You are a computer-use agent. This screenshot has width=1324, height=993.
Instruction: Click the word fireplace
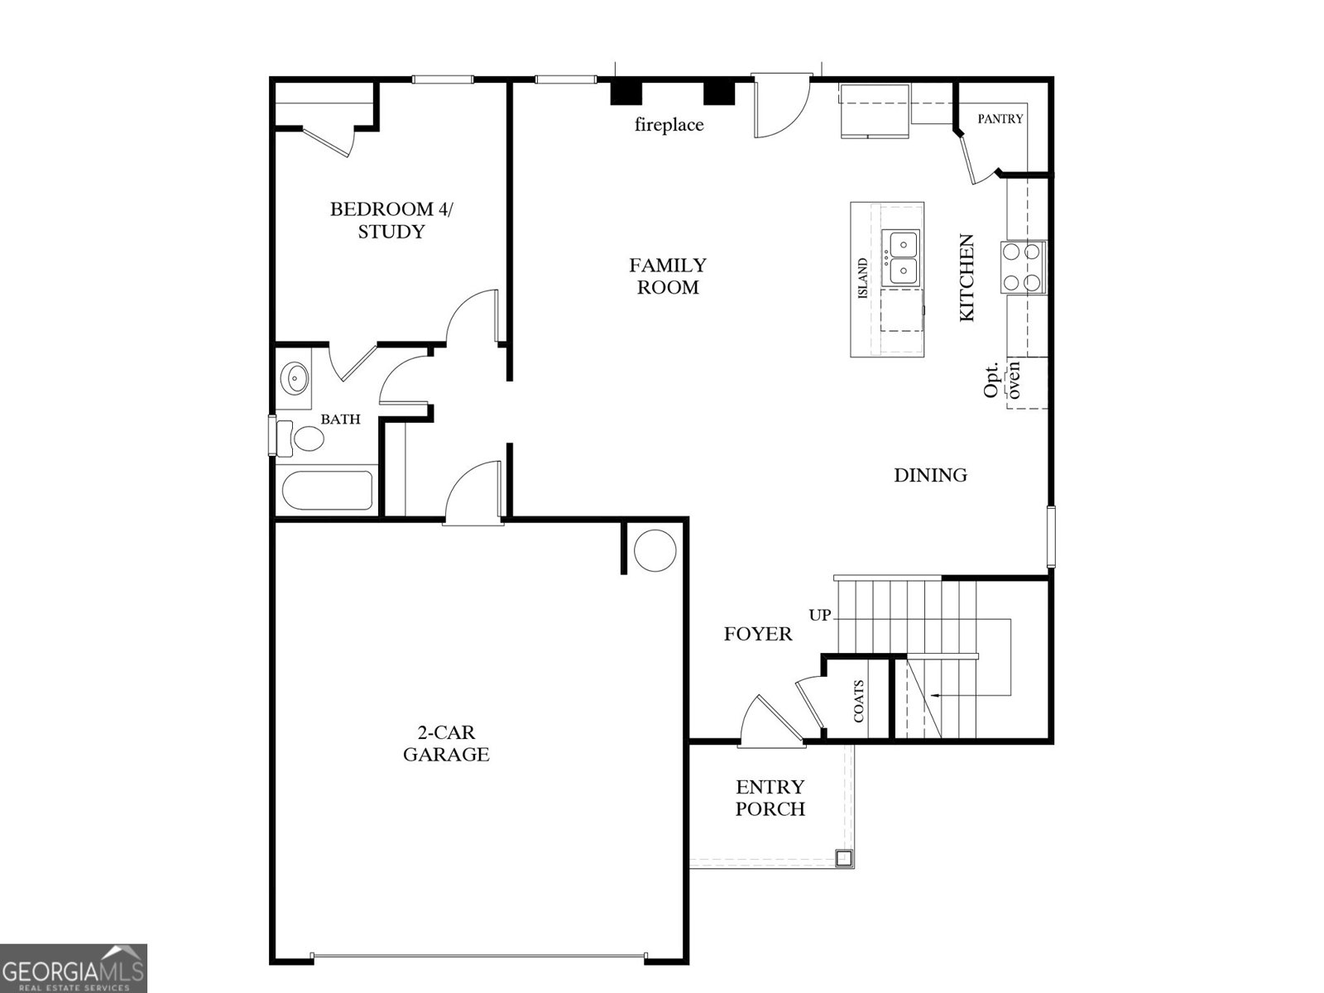pos(669,125)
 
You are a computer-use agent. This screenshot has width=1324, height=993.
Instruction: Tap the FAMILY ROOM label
pos(668,276)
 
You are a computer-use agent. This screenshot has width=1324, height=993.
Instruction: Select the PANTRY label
pos(1000,119)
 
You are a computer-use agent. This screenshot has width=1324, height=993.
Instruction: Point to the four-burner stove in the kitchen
pos(1022,266)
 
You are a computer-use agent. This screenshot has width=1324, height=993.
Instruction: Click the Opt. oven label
pos(1002,379)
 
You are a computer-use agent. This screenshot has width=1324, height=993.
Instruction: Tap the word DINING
pos(930,475)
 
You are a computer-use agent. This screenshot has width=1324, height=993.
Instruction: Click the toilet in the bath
pos(302,439)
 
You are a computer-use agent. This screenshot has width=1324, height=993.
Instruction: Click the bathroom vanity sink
pos(295,380)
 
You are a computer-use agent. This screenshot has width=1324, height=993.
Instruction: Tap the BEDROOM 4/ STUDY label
pos(391,220)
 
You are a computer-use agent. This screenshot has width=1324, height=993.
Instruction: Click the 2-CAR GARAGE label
pos(446,743)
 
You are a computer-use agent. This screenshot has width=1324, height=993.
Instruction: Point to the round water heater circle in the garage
pos(655,549)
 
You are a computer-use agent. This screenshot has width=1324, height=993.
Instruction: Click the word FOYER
pos(758,634)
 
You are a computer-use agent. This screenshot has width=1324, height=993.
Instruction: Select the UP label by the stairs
pos(819,615)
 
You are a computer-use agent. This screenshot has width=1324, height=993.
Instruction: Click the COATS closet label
pos(859,701)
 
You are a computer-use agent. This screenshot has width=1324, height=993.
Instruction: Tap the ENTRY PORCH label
pos(770,798)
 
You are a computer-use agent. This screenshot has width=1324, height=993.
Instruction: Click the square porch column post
pos(843,857)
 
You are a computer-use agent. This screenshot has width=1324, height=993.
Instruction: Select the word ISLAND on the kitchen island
pos(863,279)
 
